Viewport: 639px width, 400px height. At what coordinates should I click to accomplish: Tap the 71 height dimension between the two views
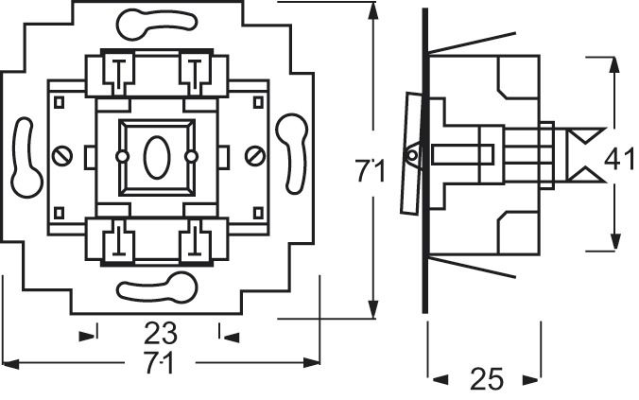point(371,171)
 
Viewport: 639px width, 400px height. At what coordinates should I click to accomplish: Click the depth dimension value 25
point(486,380)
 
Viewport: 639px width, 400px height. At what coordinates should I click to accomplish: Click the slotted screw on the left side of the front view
point(63,153)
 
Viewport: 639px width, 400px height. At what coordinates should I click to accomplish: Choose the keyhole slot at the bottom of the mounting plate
point(157,287)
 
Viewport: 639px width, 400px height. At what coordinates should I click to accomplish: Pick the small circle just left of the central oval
point(122,154)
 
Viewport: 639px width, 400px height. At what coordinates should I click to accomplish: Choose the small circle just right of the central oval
point(191,154)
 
